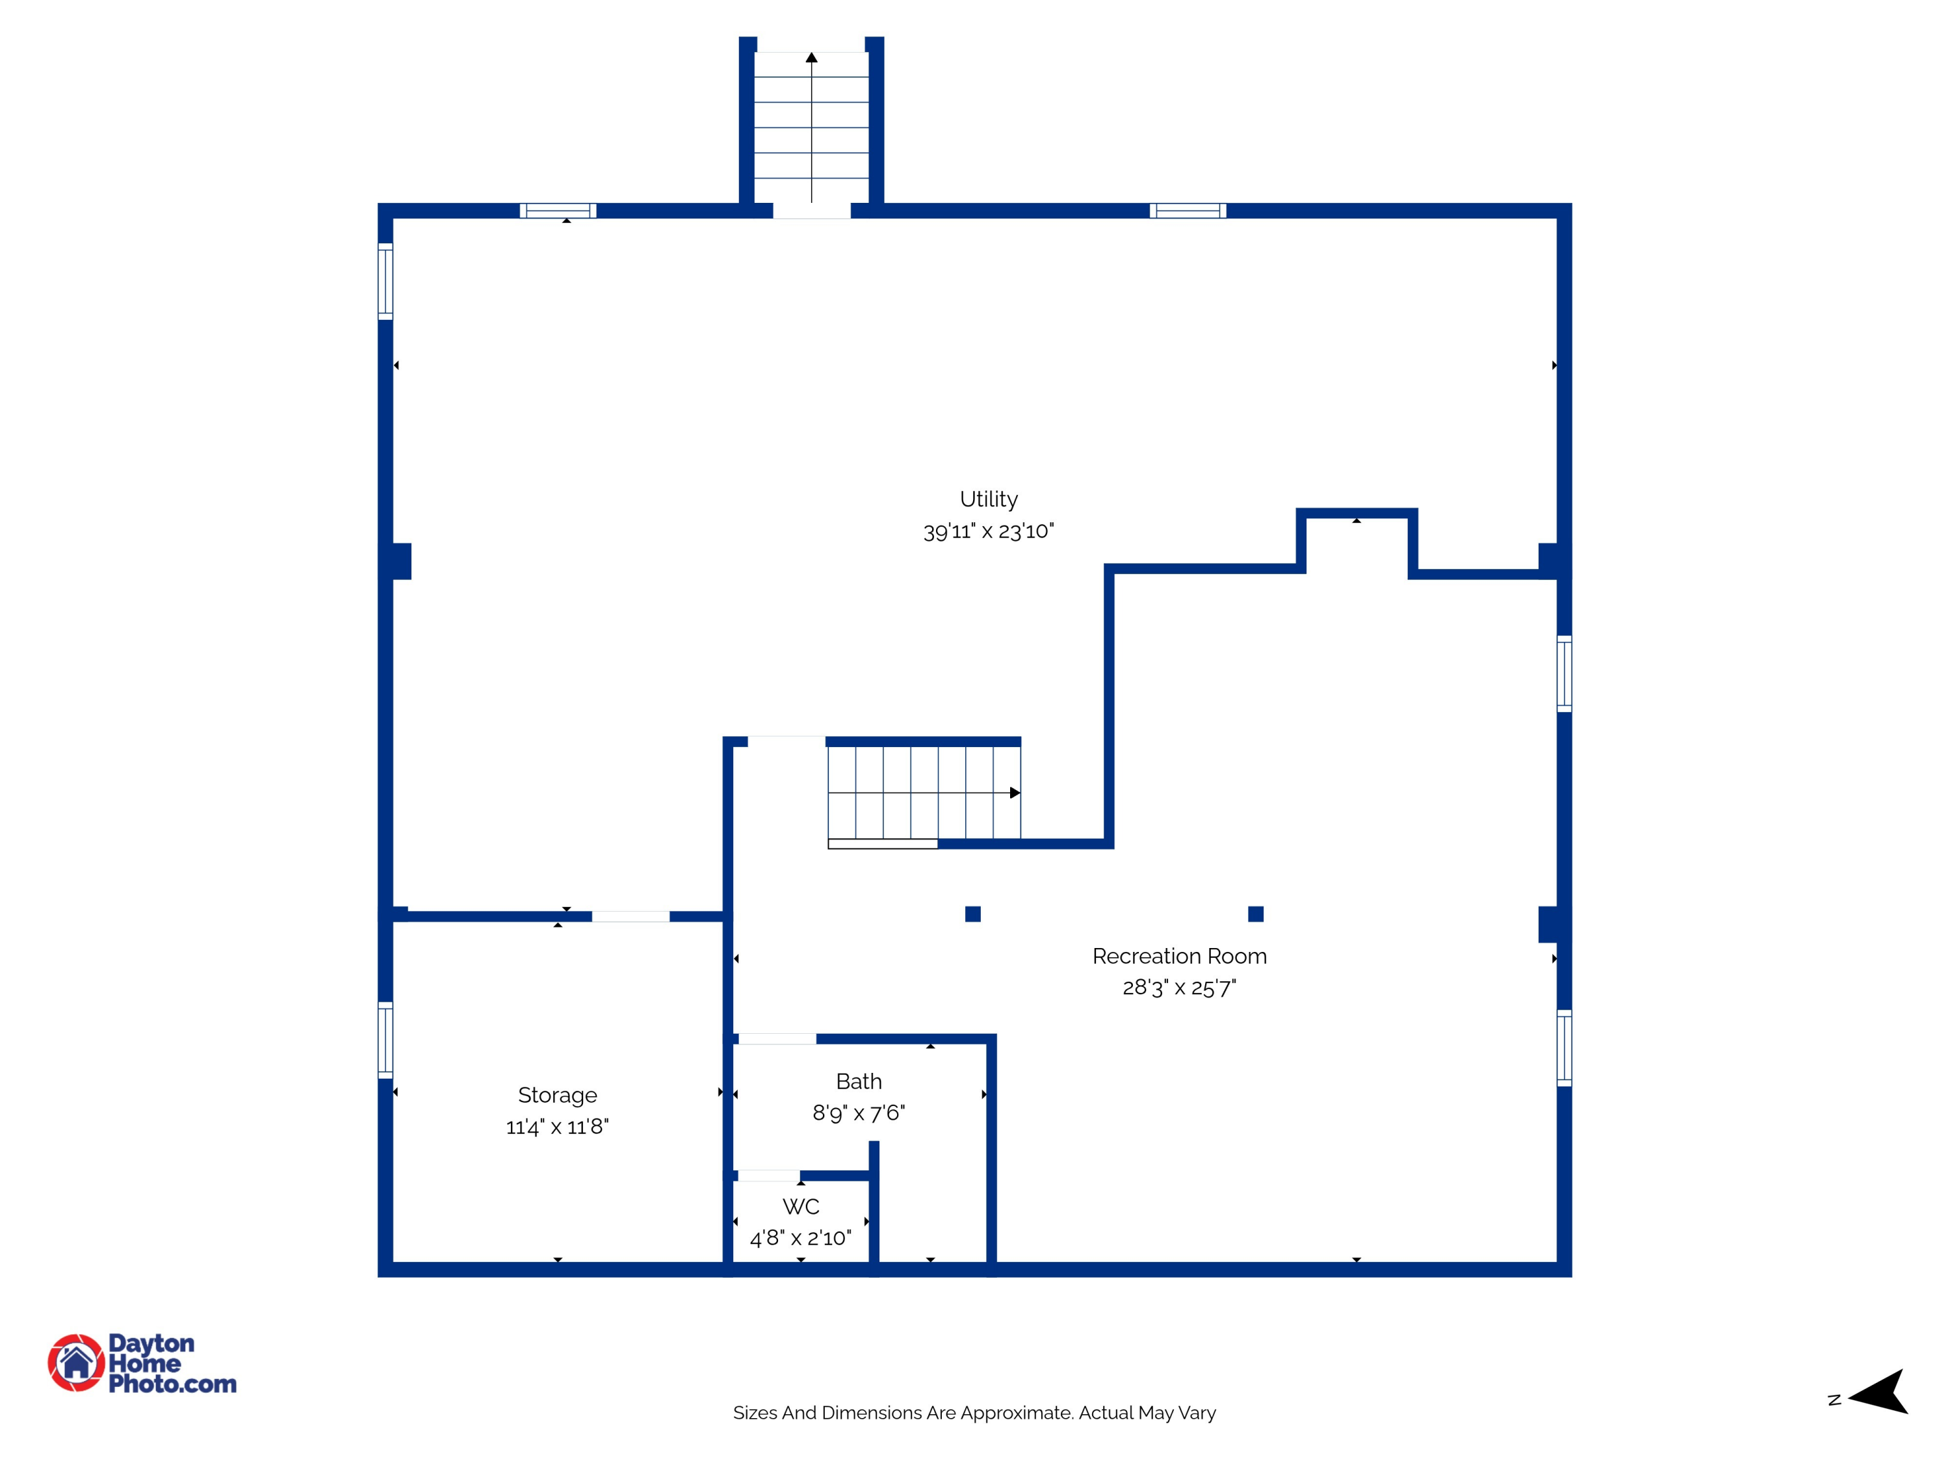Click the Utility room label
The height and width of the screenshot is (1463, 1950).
988,499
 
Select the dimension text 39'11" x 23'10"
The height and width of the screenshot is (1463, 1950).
988,531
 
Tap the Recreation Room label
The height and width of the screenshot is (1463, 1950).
1178,956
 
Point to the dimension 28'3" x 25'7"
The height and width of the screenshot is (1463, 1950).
1178,988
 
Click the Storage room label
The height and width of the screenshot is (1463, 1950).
557,1094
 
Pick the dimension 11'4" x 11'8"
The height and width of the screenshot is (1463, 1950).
557,1126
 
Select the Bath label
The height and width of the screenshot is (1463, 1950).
859,1081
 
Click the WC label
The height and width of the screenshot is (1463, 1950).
800,1206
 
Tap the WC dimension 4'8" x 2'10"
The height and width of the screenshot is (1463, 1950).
800,1238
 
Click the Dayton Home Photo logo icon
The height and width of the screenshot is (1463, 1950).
77,1362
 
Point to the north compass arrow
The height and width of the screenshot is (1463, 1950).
1880,1393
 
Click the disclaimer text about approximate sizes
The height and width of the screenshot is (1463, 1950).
974,1413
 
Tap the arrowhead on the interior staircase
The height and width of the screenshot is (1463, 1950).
1015,793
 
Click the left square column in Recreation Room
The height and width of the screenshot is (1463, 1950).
972,914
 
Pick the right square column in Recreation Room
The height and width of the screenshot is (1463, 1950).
1255,914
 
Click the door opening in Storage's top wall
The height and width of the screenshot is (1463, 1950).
630,916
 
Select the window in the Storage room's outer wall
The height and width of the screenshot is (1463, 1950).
385,1040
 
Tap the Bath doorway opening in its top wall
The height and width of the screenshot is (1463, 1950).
777,1039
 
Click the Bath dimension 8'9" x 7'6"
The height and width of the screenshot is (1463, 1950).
859,1113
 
